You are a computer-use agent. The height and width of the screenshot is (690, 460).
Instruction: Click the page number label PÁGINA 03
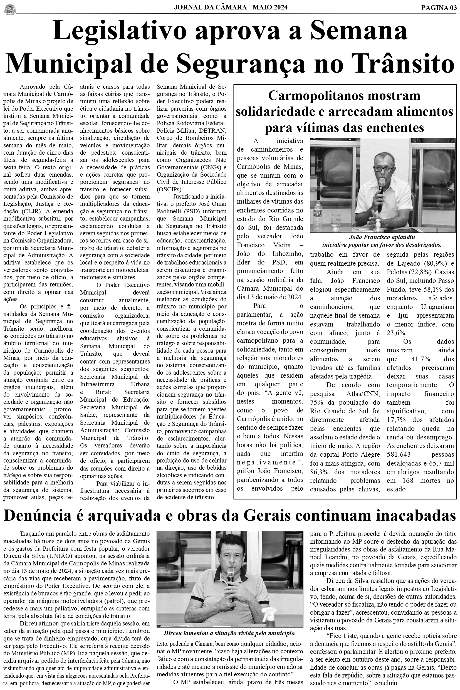coord(439,8)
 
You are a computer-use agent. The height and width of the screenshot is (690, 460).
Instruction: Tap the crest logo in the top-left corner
coord(9,9)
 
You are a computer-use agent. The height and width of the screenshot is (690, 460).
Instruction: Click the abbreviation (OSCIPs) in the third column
coord(170,189)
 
